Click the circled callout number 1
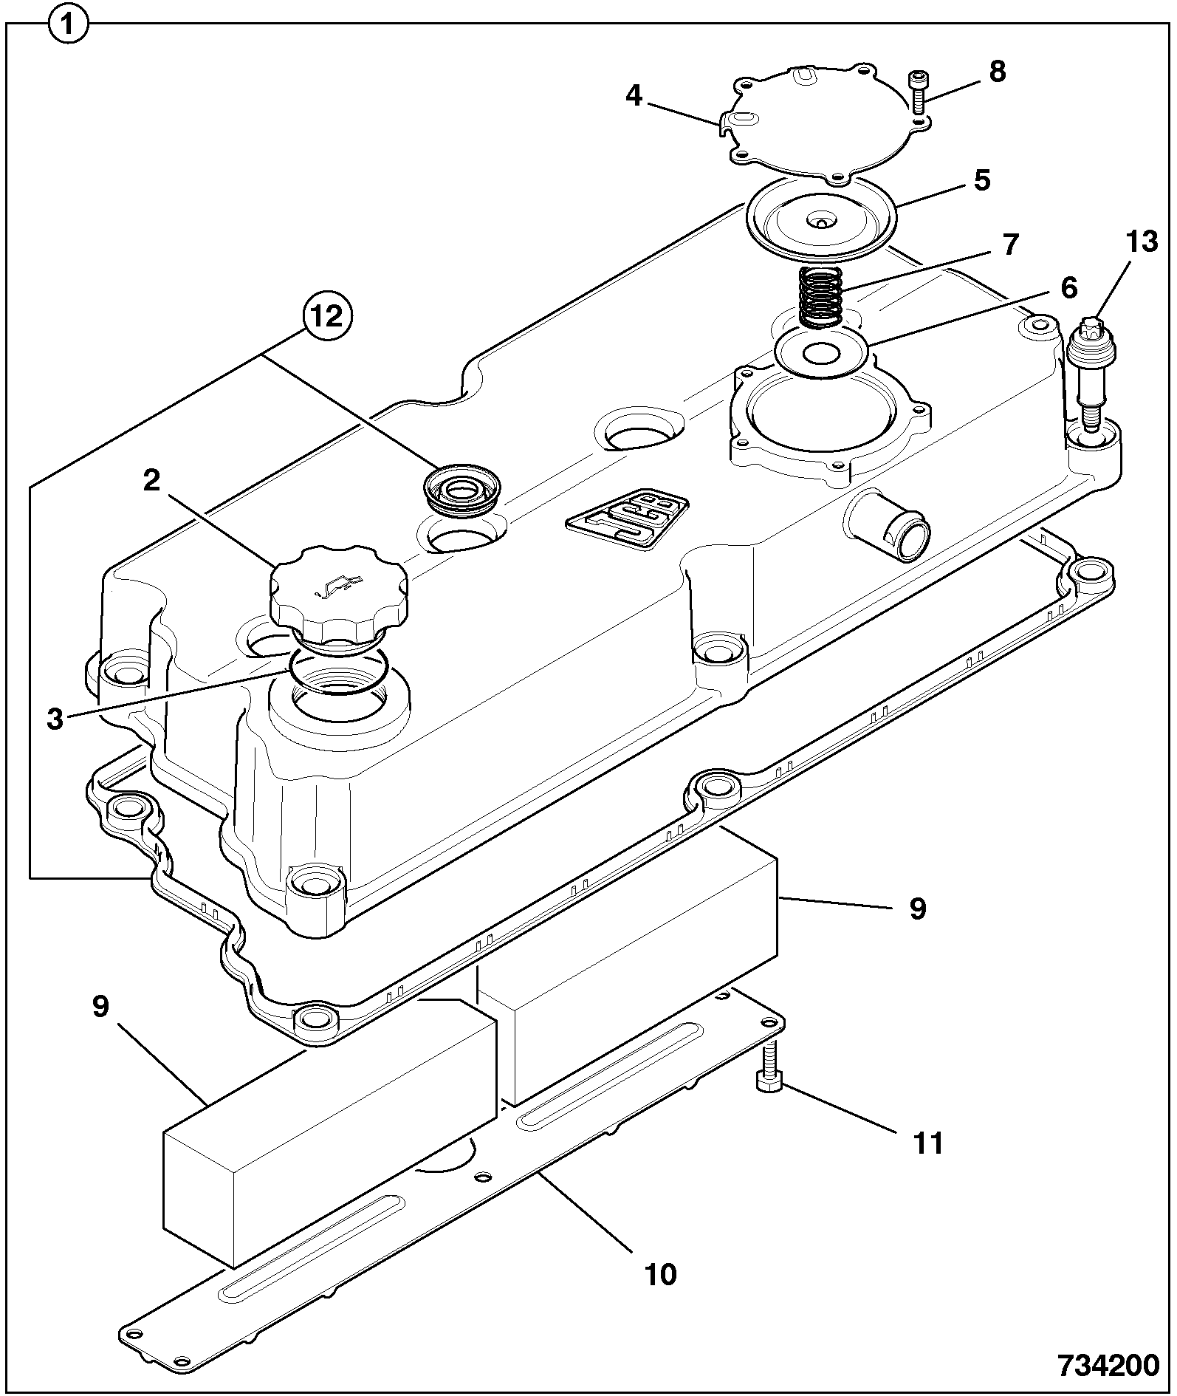coord(68,27)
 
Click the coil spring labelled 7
coord(822,298)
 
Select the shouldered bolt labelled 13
coord(1091,373)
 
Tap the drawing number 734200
coord(1108,1366)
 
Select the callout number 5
coord(981,181)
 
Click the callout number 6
coord(1068,287)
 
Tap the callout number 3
coord(55,719)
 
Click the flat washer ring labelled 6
coord(821,353)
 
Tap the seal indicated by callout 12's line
coord(461,489)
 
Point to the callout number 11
coord(928,1144)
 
